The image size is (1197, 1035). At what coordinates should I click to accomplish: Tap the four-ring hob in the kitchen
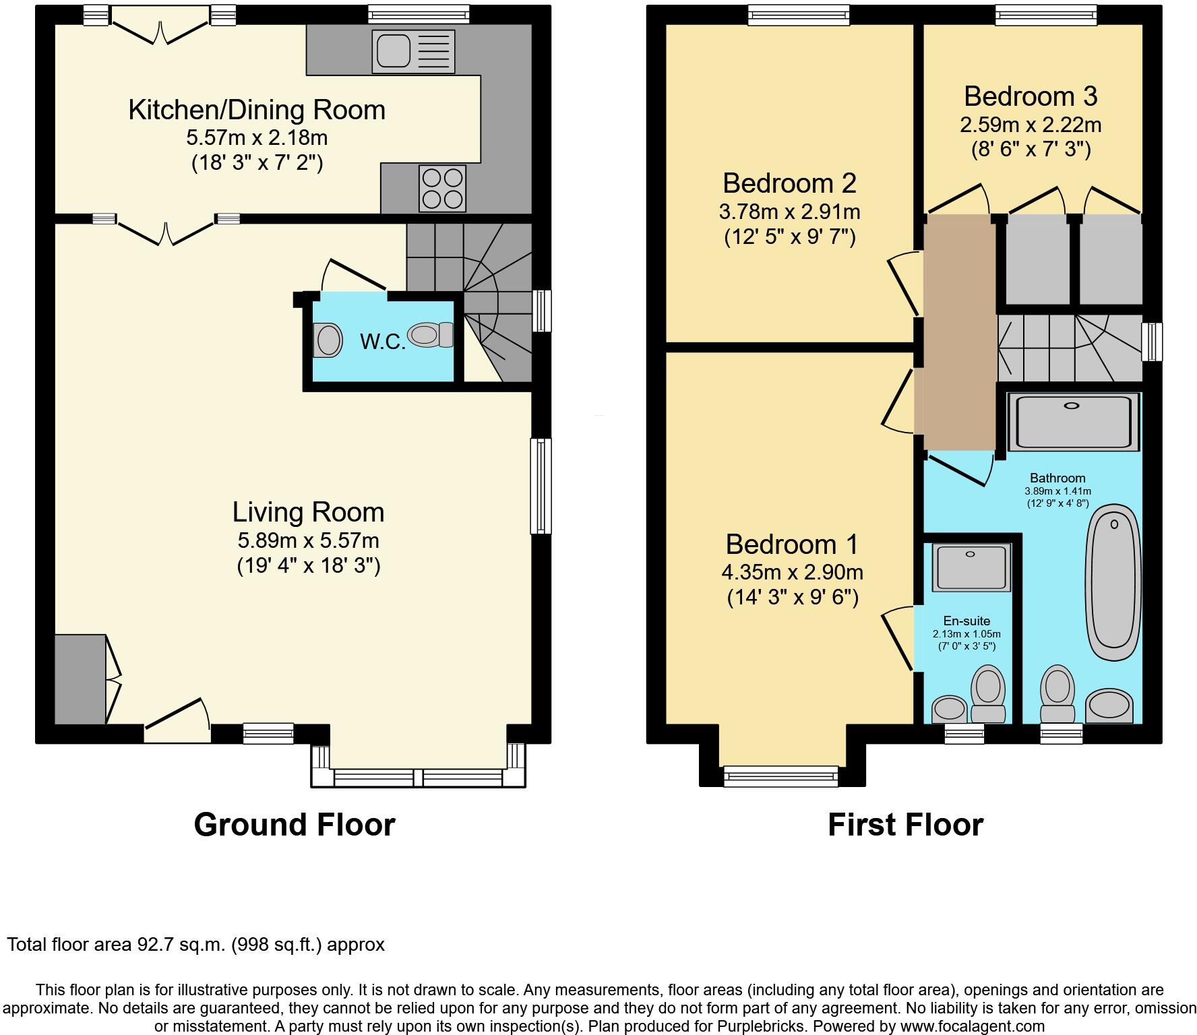pyautogui.click(x=443, y=188)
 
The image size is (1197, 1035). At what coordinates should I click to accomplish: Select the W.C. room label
pyautogui.click(x=382, y=342)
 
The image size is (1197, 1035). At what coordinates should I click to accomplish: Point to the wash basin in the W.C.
pyautogui.click(x=328, y=339)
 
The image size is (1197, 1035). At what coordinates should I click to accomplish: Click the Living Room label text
pyautogui.click(x=308, y=512)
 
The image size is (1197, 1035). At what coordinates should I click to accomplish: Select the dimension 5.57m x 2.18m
pyautogui.click(x=257, y=138)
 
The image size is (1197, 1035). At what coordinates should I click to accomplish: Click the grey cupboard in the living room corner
pyautogui.click(x=80, y=679)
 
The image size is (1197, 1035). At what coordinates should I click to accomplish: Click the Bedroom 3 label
pyautogui.click(x=1031, y=96)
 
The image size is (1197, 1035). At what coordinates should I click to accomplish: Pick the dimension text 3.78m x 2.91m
pyautogui.click(x=789, y=212)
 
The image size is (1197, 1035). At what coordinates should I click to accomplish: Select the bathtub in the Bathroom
pyautogui.click(x=1113, y=586)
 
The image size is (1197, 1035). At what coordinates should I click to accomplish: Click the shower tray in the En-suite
pyautogui.click(x=973, y=567)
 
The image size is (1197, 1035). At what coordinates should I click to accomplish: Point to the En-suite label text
pyautogui.click(x=966, y=621)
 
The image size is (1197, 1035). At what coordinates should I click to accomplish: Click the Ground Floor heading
pyautogui.click(x=294, y=825)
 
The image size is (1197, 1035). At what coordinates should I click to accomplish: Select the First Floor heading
pyautogui.click(x=905, y=825)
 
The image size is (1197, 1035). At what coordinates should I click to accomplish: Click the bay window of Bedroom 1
pyautogui.click(x=781, y=776)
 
